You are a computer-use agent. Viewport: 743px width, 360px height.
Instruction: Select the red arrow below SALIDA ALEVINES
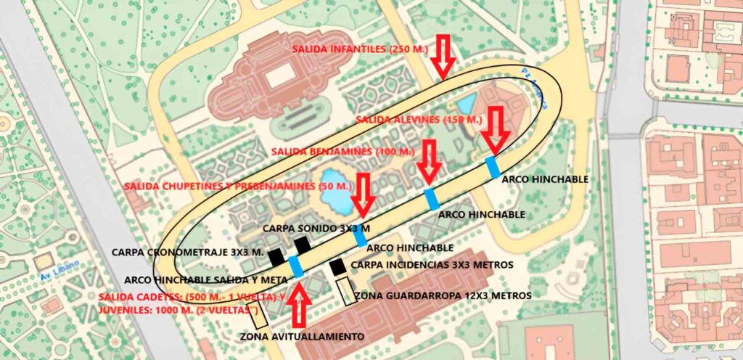pos(496,128)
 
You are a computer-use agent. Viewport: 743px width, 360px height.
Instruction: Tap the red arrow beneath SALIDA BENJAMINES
pos(430,162)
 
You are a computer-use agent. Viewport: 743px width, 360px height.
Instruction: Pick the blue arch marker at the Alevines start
pos(493,167)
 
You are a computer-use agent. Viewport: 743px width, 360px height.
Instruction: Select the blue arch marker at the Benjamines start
pos(432,199)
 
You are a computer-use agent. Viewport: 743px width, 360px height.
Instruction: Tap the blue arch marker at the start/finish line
pos(296,266)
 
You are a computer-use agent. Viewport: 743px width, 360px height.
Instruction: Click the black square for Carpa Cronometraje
pos(276,256)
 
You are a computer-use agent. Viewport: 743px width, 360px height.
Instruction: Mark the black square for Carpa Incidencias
pos(337,268)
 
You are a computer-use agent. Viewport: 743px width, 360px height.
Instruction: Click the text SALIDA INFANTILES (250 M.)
pos(360,49)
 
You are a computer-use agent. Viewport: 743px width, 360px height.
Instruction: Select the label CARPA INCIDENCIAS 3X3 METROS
pos(432,265)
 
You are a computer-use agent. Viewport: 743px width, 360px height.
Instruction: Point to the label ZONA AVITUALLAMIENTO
pos(303,337)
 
